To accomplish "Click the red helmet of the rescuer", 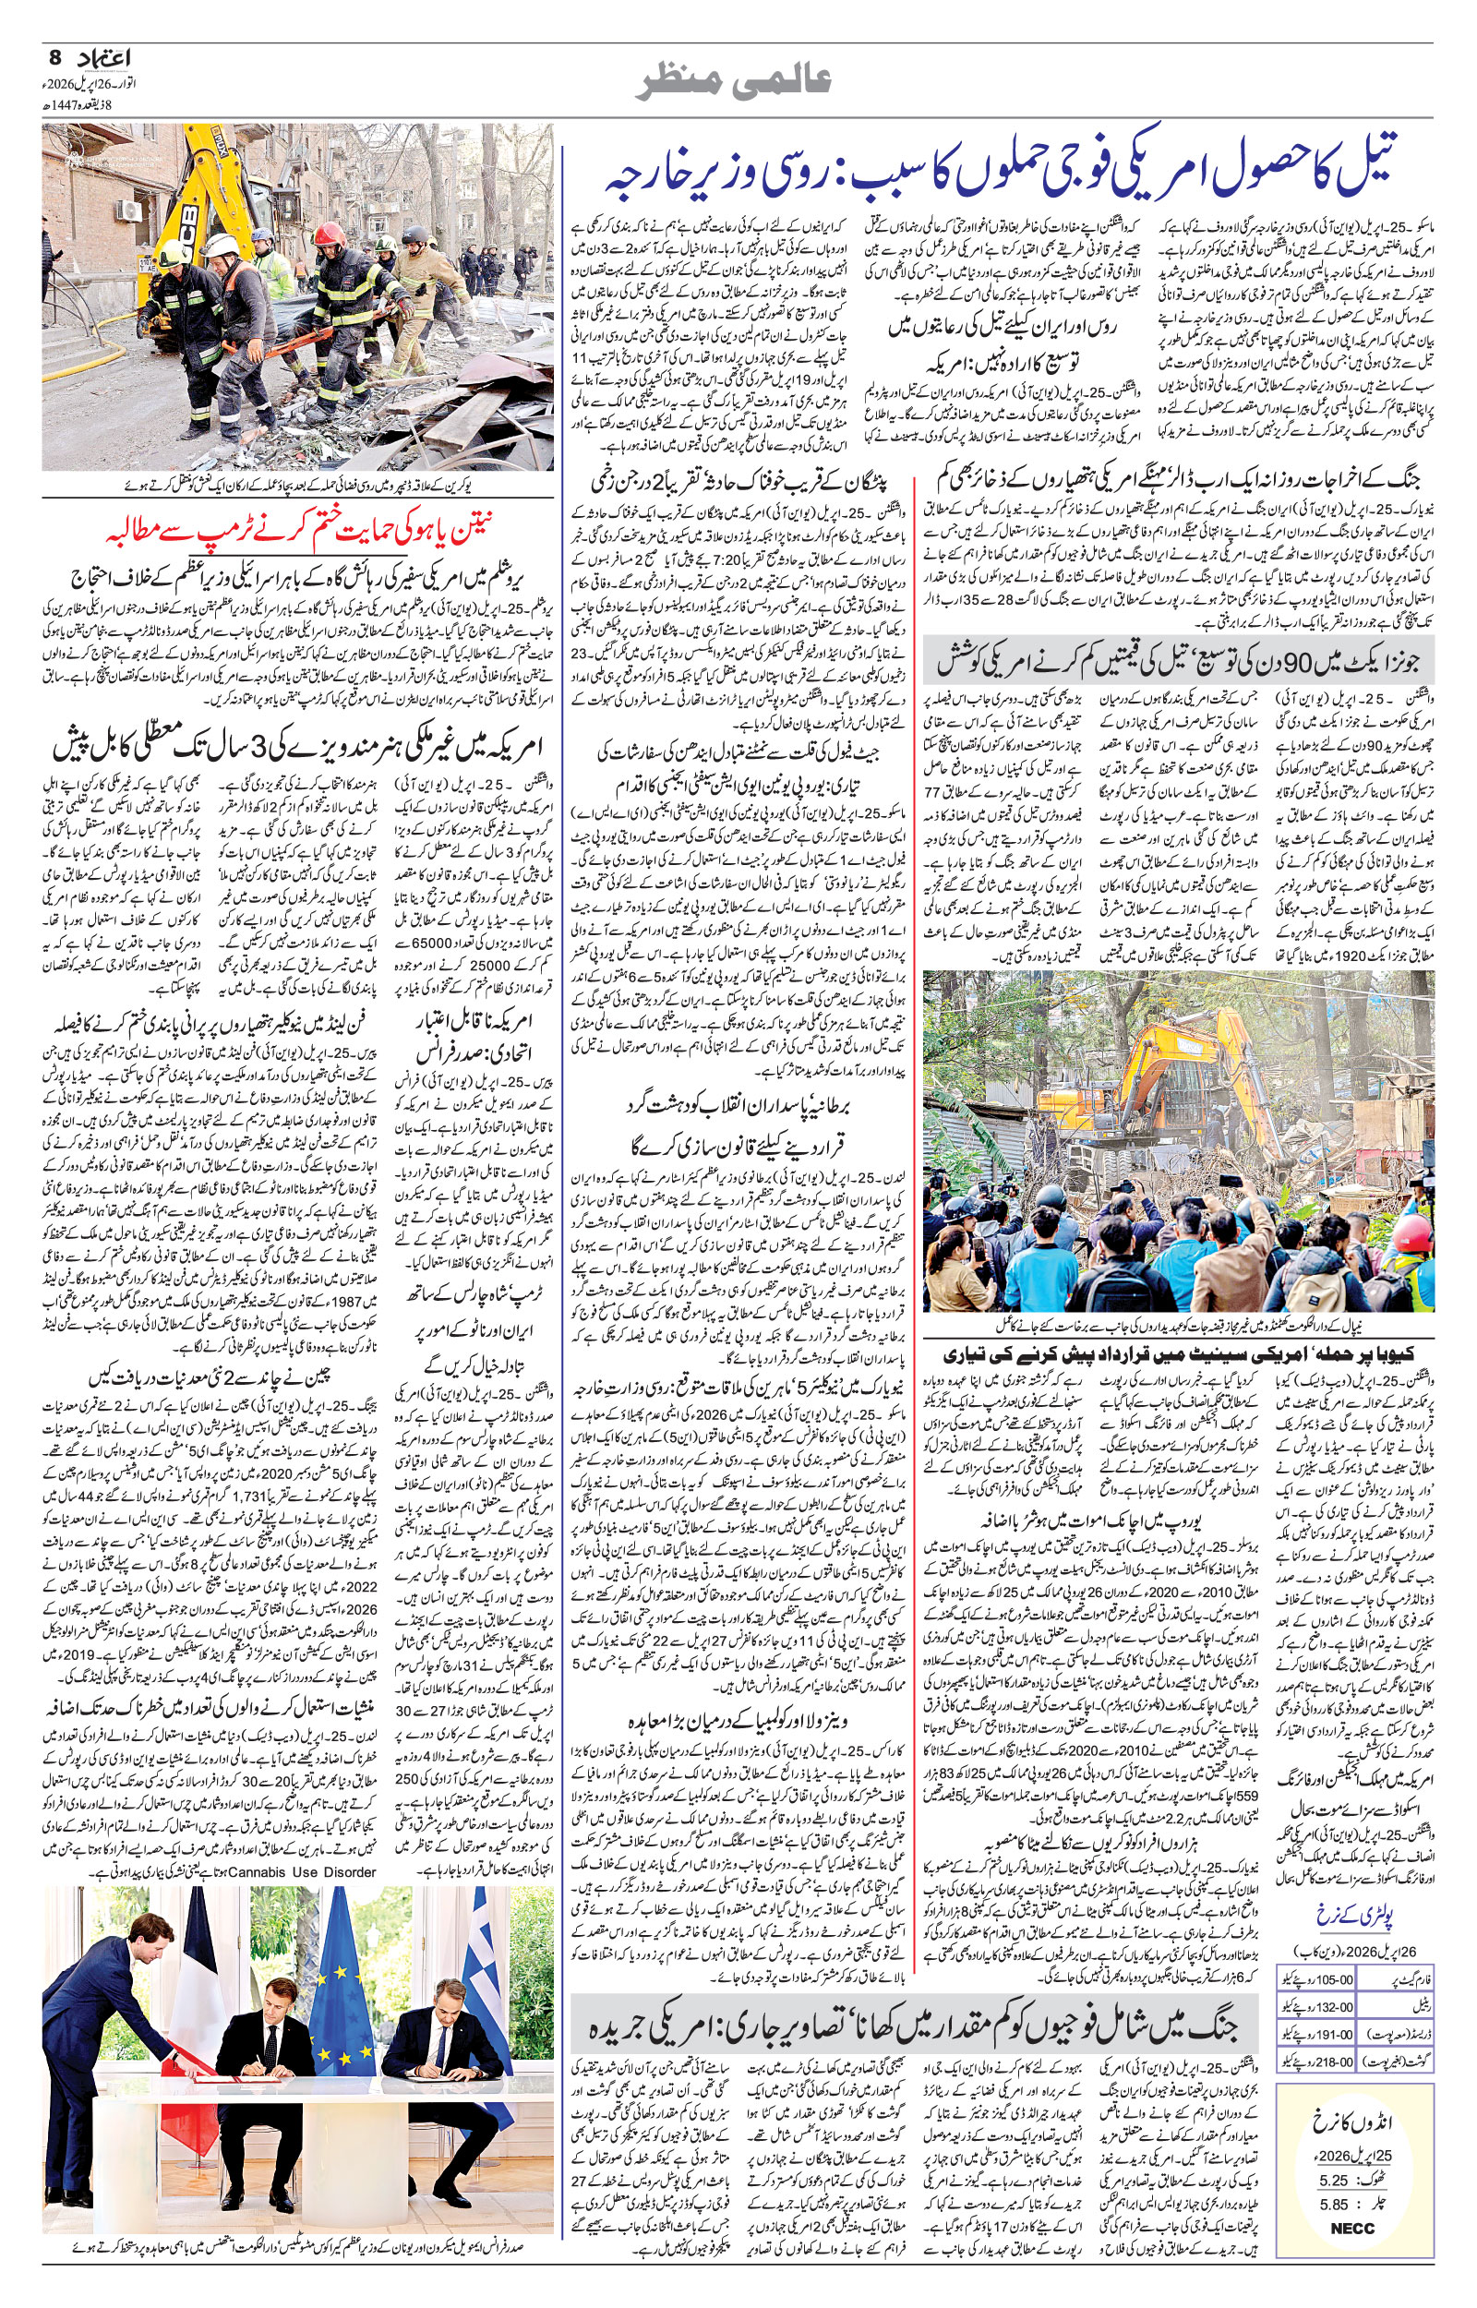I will pos(328,233).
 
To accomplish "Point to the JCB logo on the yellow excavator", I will pos(186,214).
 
